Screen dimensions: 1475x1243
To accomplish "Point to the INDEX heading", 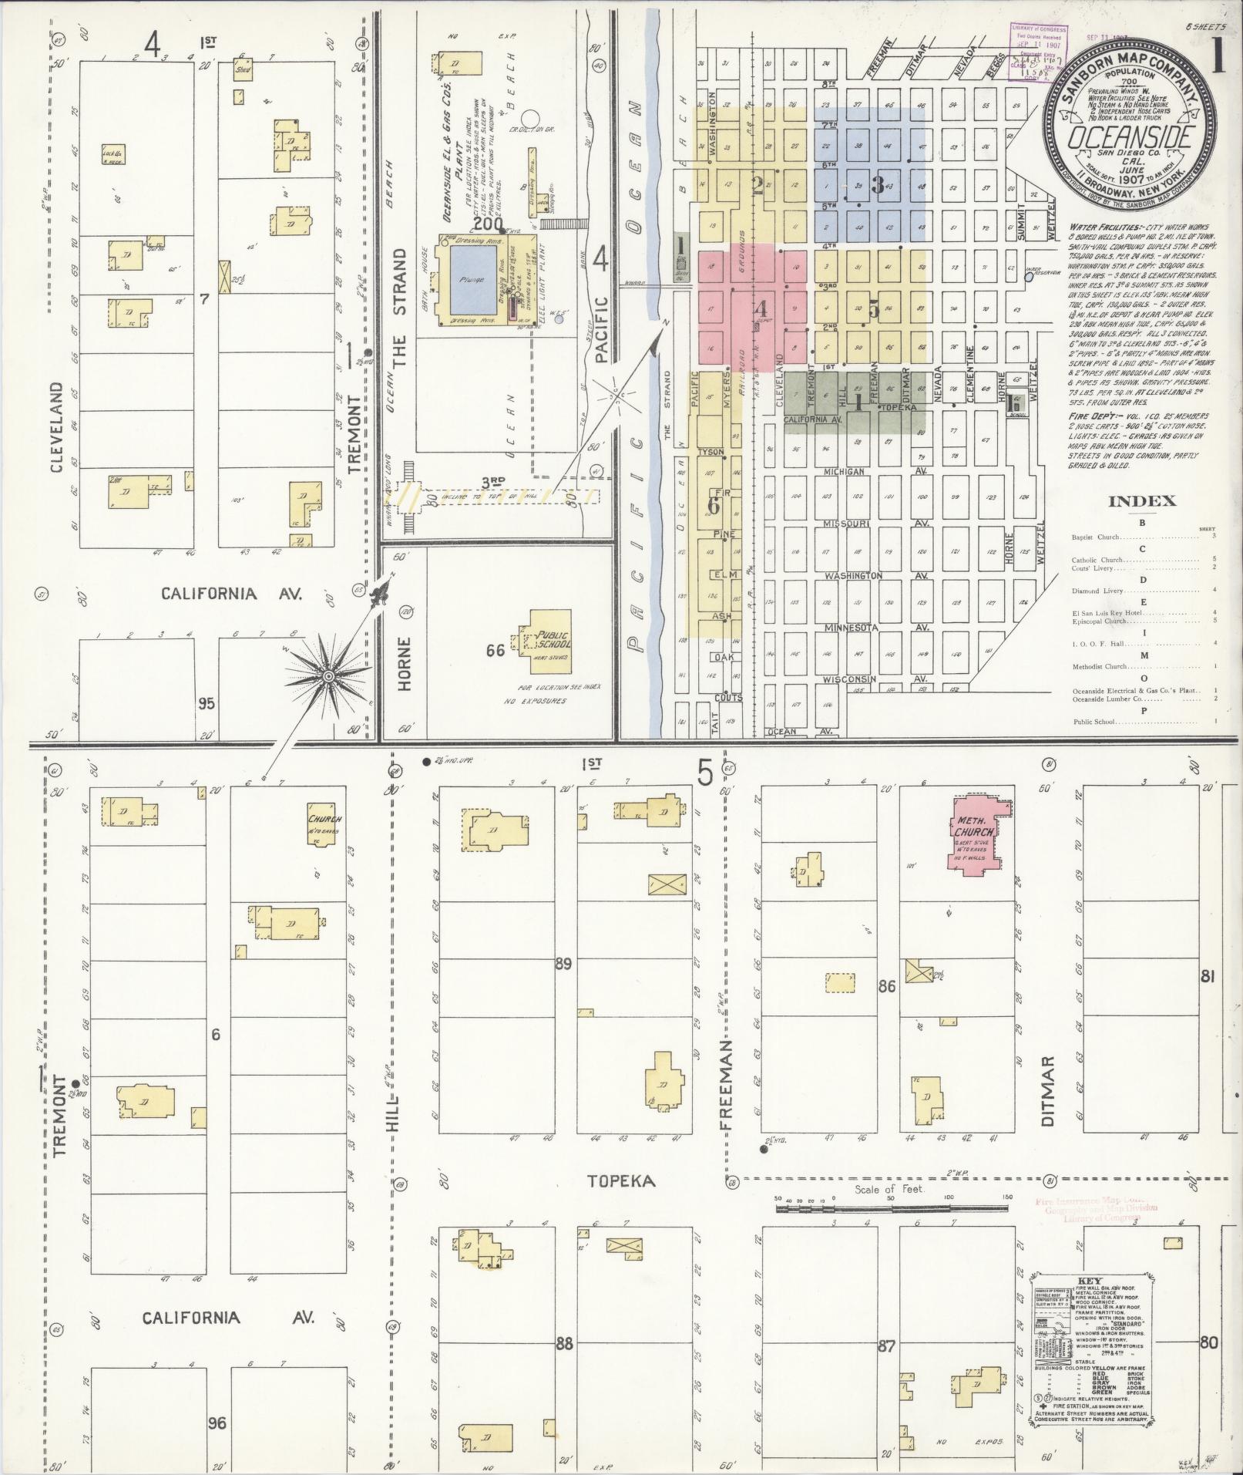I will click(1141, 502).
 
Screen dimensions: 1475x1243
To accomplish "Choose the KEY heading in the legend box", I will click(1092, 1277).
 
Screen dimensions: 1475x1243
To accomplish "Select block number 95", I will click(206, 703).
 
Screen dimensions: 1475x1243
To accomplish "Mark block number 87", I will click(886, 1346).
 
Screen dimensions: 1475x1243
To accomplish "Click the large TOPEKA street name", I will click(621, 1181).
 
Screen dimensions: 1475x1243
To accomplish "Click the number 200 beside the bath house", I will click(488, 224).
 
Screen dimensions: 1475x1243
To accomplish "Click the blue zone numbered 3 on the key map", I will click(877, 185).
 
